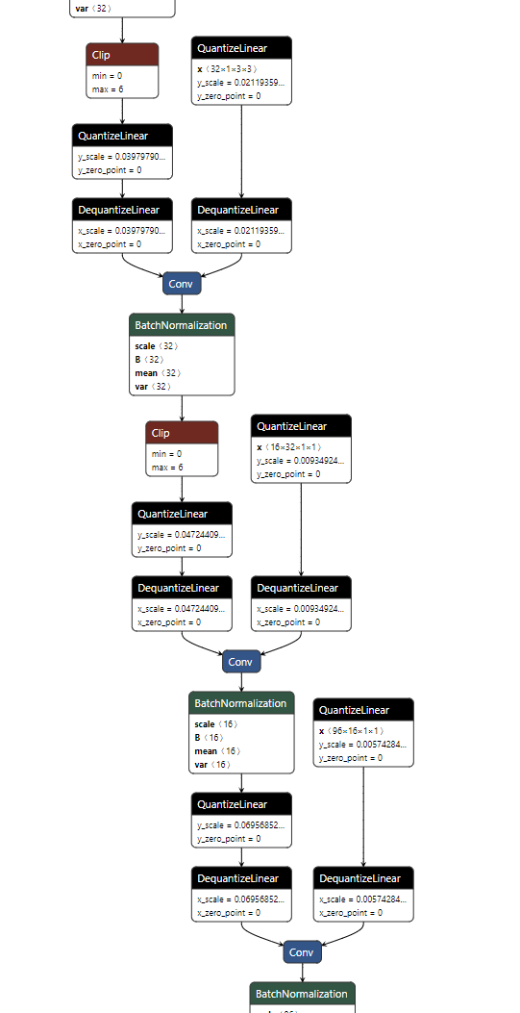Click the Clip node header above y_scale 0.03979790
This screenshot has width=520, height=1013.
tap(122, 55)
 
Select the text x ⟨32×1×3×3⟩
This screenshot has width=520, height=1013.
tap(227, 69)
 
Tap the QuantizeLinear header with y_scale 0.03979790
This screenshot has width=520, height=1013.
tap(122, 136)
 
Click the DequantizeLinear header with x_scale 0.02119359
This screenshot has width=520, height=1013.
tap(241, 210)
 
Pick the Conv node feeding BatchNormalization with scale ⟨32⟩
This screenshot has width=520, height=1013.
tap(181, 284)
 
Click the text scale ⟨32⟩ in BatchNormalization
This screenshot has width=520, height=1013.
tap(157, 346)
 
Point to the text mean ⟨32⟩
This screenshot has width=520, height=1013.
tap(157, 373)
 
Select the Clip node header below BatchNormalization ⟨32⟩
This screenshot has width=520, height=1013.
tap(182, 433)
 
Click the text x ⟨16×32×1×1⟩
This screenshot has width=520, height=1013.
tap(289, 447)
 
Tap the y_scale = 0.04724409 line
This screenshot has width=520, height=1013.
tap(182, 535)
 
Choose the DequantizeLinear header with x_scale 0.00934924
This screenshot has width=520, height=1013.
tap(301, 588)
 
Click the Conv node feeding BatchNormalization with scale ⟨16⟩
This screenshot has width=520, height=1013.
tap(241, 662)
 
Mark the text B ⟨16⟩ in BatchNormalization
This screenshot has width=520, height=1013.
tap(211, 738)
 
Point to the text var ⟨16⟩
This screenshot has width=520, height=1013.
tap(214, 765)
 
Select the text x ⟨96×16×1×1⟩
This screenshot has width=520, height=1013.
tap(351, 731)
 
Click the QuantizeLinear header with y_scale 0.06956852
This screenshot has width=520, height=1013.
tap(241, 804)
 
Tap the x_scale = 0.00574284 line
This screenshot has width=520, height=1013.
tap(363, 899)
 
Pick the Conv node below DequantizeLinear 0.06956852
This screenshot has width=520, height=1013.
tap(301, 952)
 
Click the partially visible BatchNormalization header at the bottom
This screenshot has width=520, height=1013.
tap(302, 994)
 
